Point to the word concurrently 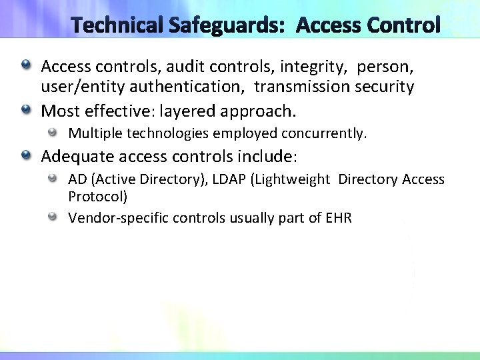323,133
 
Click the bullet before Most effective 25,108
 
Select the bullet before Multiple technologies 53,132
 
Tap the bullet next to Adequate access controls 25,155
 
